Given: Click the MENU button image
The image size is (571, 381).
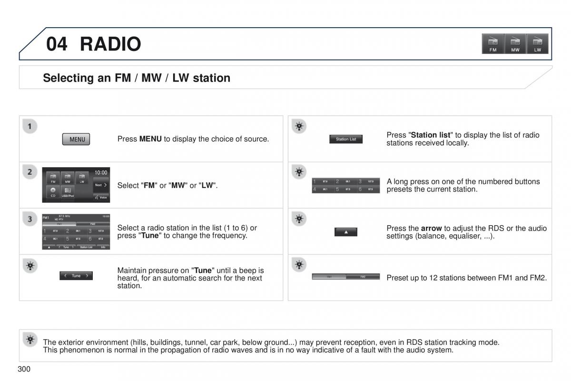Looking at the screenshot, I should [76, 139].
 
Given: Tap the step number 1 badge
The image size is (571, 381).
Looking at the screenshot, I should [30, 127].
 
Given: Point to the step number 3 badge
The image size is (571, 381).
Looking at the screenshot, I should [30, 219].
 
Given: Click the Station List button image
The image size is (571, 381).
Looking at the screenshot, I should [346, 139].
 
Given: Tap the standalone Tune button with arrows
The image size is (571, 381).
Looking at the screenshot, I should [76, 276].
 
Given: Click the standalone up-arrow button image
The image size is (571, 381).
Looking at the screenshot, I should [346, 232].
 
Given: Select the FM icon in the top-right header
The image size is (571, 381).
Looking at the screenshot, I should [493, 43].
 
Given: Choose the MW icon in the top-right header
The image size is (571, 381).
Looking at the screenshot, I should [515, 43].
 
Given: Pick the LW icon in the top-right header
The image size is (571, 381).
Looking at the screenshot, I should [538, 43].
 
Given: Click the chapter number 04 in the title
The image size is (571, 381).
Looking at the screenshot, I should [57, 44].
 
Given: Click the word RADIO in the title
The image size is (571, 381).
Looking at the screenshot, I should [110, 44].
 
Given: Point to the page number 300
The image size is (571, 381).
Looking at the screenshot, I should [24, 369].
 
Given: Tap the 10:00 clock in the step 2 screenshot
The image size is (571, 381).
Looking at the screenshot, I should [100, 172].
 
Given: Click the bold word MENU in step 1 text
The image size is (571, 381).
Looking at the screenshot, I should [150, 139].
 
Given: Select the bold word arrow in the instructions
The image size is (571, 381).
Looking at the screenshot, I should [431, 229].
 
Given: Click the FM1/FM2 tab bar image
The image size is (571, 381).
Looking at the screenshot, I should [346, 276].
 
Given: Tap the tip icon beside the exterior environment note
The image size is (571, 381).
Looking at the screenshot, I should [30, 339].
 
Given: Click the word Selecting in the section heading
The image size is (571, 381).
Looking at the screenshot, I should [69, 78].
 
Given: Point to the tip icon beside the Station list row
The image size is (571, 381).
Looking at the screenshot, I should [299, 127].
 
